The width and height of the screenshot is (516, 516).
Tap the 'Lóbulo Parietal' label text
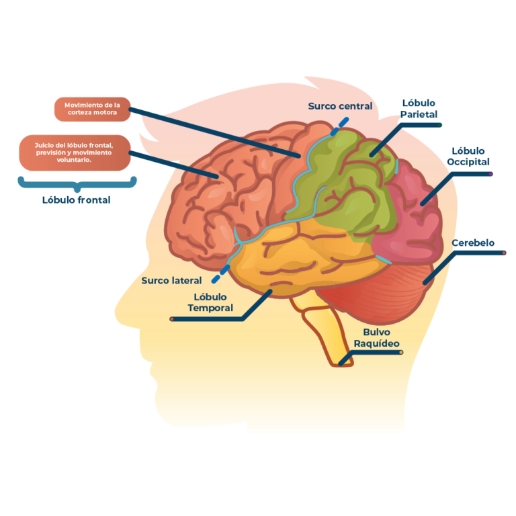click(419, 109)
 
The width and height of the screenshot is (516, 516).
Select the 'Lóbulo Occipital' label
click(468, 156)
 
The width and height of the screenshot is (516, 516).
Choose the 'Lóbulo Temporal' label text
click(210, 302)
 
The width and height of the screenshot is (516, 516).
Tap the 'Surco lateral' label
click(171, 280)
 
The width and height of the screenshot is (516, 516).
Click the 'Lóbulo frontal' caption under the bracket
click(76, 200)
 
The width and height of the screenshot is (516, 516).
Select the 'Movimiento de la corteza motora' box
click(92, 109)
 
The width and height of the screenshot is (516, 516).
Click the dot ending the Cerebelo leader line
click(505, 253)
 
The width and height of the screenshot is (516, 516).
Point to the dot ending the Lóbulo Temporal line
click(172, 318)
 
